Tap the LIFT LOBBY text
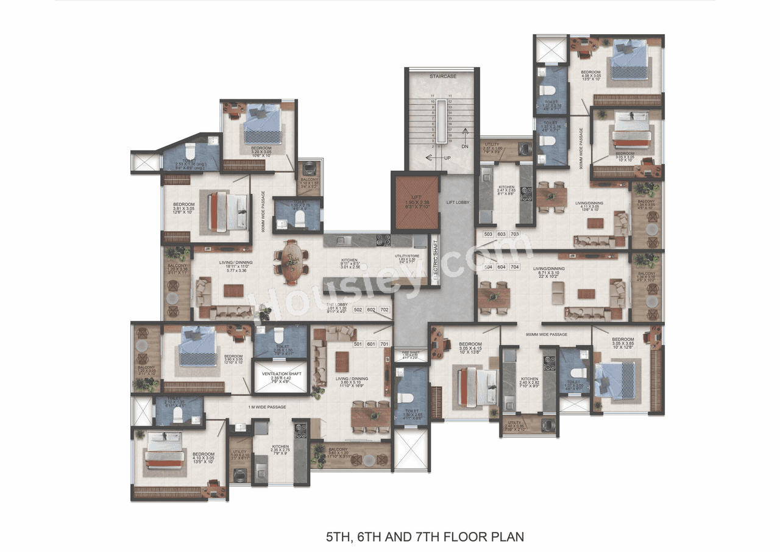click(458, 202)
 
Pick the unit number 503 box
click(488, 234)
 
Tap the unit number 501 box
click(358, 344)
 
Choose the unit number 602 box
click(371, 310)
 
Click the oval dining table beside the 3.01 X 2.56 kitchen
click(292, 262)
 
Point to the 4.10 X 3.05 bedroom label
click(202, 457)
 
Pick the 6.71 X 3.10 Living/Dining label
click(548, 272)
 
